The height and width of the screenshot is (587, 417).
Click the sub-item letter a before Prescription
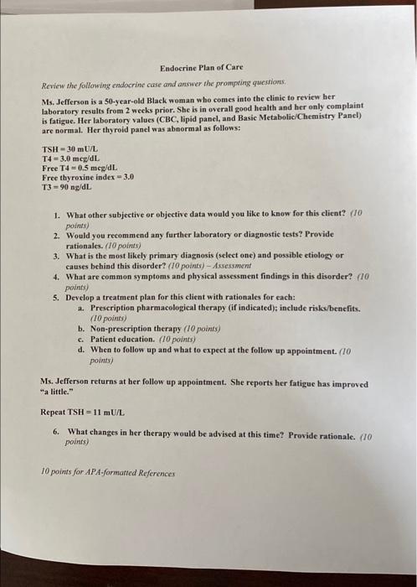[80, 309]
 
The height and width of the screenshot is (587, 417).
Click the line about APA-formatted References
[108, 473]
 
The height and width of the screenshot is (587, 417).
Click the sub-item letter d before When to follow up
[80, 347]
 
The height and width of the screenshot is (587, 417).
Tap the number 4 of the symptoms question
[55, 275]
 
